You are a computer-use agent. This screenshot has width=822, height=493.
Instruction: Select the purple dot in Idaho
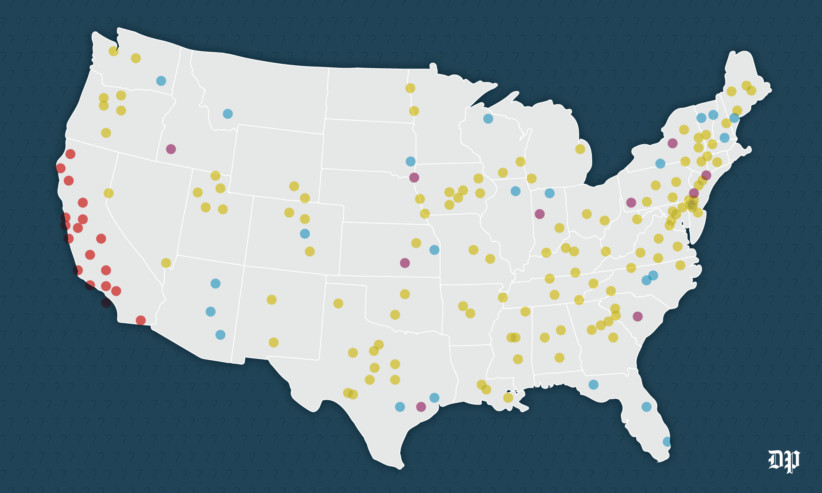pos(171,149)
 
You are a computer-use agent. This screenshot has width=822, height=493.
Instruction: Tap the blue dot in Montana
pos(228,114)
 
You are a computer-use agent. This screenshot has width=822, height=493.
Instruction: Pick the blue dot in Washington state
pos(161,81)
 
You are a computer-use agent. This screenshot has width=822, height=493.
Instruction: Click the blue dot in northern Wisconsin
pos(488,119)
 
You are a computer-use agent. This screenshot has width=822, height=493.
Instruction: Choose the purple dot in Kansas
pos(405,263)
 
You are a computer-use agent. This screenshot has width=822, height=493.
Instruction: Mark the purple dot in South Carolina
pos(637,316)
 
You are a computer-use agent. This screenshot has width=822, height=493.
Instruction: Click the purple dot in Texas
pos(421,407)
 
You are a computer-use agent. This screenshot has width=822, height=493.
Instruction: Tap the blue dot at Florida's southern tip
pos(667,442)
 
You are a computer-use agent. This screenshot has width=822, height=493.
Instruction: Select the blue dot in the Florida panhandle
pos(593,385)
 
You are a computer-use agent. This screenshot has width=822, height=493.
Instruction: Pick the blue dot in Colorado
pos(305,234)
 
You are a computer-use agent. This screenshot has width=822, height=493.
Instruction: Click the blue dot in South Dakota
pos(411,161)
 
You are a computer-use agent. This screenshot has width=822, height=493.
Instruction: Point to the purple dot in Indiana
pos(540,214)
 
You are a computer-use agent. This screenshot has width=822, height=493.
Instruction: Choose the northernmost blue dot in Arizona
pos(215,283)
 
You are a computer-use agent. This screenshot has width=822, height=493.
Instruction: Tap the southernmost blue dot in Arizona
pos(220,335)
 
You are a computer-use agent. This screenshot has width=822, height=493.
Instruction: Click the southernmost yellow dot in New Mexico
pos(273,342)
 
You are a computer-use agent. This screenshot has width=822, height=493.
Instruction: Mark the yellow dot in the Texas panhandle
pos(338,304)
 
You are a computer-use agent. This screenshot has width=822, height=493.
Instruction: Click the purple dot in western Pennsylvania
pos(631,203)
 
